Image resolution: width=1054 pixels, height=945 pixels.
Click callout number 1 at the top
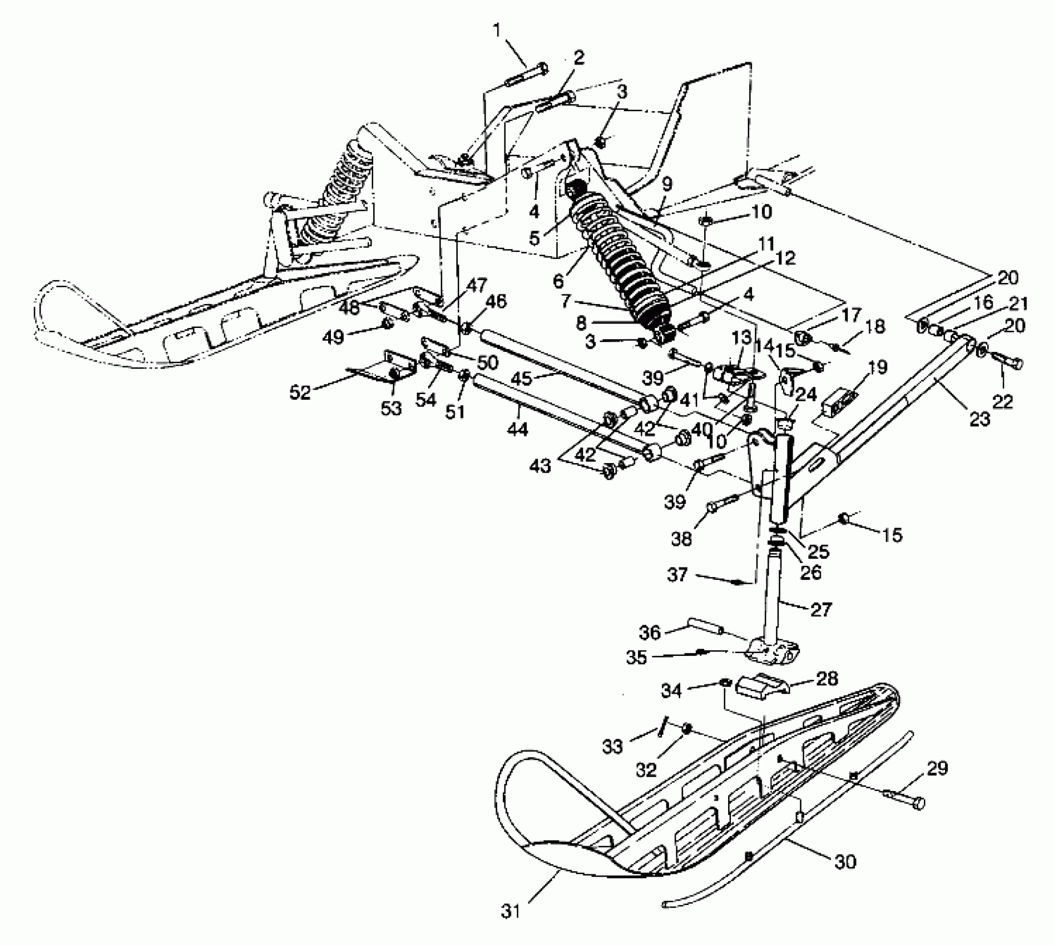point(498,30)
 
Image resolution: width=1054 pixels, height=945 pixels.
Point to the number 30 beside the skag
point(845,862)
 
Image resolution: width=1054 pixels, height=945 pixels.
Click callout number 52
point(301,393)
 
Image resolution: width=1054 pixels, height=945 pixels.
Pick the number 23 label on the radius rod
point(980,418)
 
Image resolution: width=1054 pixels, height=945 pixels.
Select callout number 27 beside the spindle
point(821,610)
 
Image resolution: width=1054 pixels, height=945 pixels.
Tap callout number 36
point(649,632)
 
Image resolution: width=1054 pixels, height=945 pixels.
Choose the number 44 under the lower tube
point(517,429)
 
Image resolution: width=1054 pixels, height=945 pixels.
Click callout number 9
point(667,183)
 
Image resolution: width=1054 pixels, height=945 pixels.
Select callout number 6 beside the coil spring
point(559,281)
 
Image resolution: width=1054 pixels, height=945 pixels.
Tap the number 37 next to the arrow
point(677,574)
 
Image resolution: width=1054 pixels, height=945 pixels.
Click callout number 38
point(682,538)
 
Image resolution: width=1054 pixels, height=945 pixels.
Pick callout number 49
point(334,337)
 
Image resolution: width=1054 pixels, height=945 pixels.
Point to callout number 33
point(613,746)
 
